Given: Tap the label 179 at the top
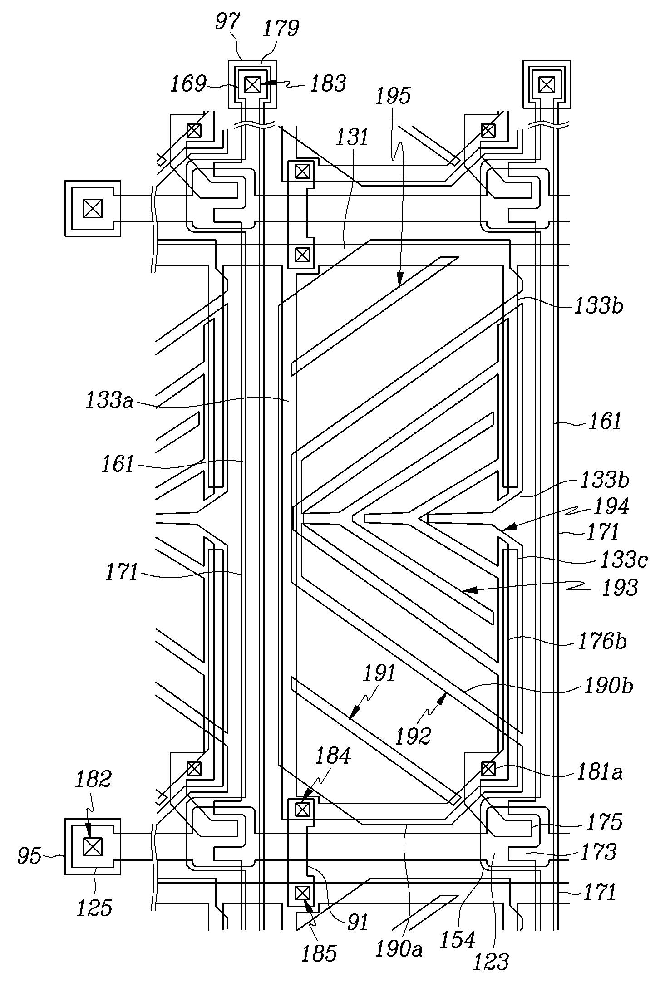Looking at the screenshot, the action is [281, 29].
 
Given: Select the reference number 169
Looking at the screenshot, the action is [188, 84].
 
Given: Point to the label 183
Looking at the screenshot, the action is [328, 84].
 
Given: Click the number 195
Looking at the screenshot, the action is [393, 96].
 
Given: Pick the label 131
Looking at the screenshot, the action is [351, 136].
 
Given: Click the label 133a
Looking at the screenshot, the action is [109, 402].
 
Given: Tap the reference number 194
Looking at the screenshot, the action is [611, 506].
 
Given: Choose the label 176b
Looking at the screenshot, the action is [602, 642].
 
